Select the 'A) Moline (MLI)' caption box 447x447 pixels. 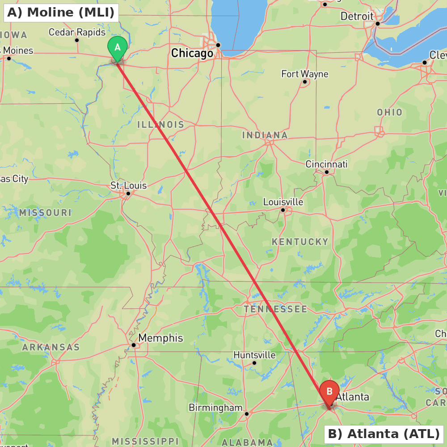tap(61, 13)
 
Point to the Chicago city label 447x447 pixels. tap(192, 54)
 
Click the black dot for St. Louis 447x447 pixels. tap(128, 194)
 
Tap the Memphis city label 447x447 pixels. tap(160, 338)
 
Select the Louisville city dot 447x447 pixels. tap(283, 210)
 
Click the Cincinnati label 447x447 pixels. tap(326, 164)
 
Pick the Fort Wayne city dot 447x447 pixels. tap(305, 81)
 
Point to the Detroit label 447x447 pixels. tap(357, 17)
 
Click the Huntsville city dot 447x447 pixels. tap(254, 363)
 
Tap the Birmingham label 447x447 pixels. tap(215, 408)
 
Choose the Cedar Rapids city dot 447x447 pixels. tap(77, 40)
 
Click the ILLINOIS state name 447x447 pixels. tap(160, 125)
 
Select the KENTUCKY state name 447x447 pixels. tap(300, 242)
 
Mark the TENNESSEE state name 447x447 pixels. tap(275, 309)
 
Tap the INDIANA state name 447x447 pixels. tap(265, 135)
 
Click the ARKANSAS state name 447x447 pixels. tap(51, 347)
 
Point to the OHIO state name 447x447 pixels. tap(389, 112)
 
